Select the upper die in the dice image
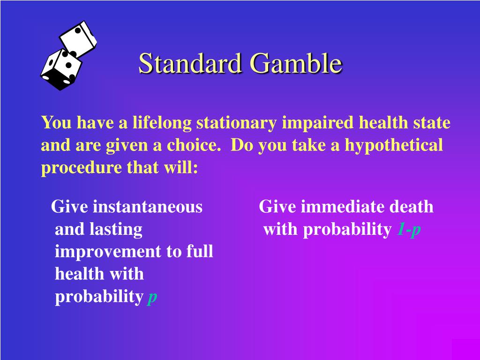click(x=78, y=38)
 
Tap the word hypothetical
click(x=394, y=145)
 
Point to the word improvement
click(x=108, y=252)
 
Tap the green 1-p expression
click(x=409, y=229)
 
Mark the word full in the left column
click(x=200, y=252)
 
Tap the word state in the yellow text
click(x=431, y=123)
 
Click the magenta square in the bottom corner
click(x=465, y=349)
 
